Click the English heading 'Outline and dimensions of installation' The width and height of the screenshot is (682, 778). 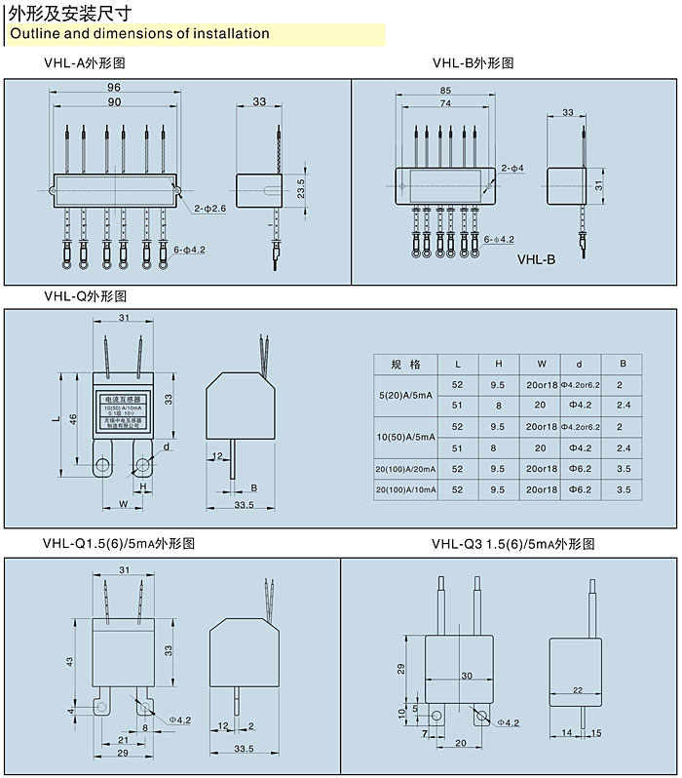[x=139, y=34]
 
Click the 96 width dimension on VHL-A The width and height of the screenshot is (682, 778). [x=114, y=88]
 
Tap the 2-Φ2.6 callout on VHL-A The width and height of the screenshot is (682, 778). [x=210, y=209]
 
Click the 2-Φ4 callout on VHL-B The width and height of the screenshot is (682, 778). [x=512, y=169]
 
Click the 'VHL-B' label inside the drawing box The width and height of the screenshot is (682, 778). [x=536, y=260]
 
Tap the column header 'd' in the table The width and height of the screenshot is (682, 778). [x=579, y=364]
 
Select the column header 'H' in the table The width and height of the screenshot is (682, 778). [x=498, y=364]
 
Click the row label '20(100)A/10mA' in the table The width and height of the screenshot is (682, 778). [x=405, y=488]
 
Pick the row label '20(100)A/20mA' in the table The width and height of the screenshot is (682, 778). [x=405, y=469]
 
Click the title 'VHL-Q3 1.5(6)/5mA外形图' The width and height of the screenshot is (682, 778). [x=513, y=544]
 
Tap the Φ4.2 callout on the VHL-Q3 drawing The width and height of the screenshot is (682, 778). [x=509, y=722]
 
